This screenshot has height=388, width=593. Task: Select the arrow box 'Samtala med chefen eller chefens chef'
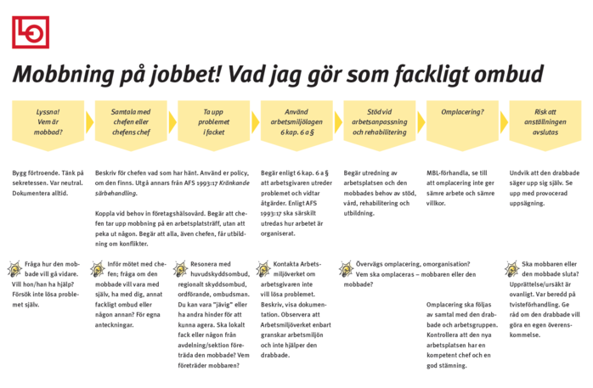click(x=130, y=122)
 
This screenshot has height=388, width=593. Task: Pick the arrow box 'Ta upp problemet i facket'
click(x=213, y=122)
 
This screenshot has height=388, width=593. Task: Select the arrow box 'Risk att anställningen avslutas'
click(x=545, y=122)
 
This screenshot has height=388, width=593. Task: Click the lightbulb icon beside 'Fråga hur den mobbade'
click(x=15, y=269)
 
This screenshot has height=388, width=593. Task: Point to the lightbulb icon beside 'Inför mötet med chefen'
click(x=98, y=269)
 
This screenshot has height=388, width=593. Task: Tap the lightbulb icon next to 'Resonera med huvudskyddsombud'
click(x=180, y=269)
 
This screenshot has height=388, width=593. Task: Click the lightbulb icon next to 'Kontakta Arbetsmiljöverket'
click(x=263, y=269)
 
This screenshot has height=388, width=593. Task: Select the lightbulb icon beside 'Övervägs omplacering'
click(x=346, y=269)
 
